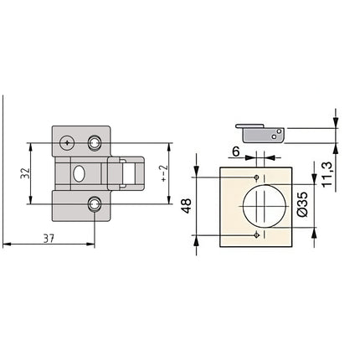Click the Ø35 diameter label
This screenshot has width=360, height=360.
(x=302, y=206)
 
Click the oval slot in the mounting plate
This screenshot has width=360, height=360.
(x=79, y=174)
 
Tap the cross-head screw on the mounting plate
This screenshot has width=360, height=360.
(x=67, y=142)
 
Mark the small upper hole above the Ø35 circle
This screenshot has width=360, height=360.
(x=255, y=178)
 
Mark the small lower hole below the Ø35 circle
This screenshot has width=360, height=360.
(x=255, y=235)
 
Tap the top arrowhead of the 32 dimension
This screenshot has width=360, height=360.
(x=33, y=145)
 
